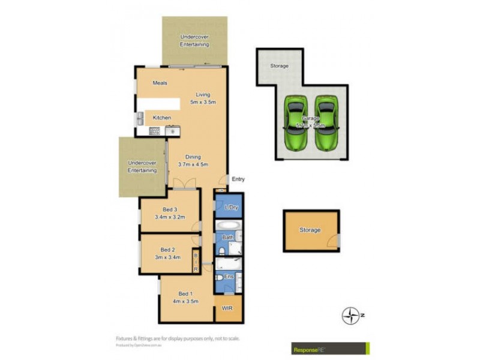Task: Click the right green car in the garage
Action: coord(326,123)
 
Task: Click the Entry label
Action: coord(238,179)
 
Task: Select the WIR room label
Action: coord(227,308)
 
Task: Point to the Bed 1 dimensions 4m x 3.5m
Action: coord(185,301)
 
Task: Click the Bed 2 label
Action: coord(167,250)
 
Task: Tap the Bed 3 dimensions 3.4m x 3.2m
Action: coord(170,217)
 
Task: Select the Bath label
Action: coord(227,238)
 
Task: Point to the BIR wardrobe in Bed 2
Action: coord(195,262)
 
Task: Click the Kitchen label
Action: coord(161,118)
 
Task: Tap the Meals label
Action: coord(160,83)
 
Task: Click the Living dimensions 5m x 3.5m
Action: coord(203,102)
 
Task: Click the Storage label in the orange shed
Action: coord(310,230)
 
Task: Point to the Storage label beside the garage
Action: coord(279,65)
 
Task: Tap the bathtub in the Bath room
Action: coord(228,227)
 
